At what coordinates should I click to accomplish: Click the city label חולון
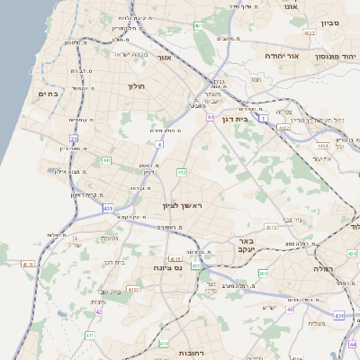(x=137, y=86)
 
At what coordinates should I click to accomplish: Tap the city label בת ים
(x=47, y=93)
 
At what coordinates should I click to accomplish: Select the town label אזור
(x=165, y=57)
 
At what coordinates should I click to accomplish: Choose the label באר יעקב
(x=246, y=246)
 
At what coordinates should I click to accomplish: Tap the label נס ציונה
(x=167, y=267)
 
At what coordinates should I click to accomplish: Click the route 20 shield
(x=74, y=138)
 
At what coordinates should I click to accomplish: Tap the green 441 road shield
(x=106, y=160)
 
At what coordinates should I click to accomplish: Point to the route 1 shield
(x=264, y=118)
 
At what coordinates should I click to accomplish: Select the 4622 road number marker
(x=310, y=32)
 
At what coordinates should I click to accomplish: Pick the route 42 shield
(x=99, y=313)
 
